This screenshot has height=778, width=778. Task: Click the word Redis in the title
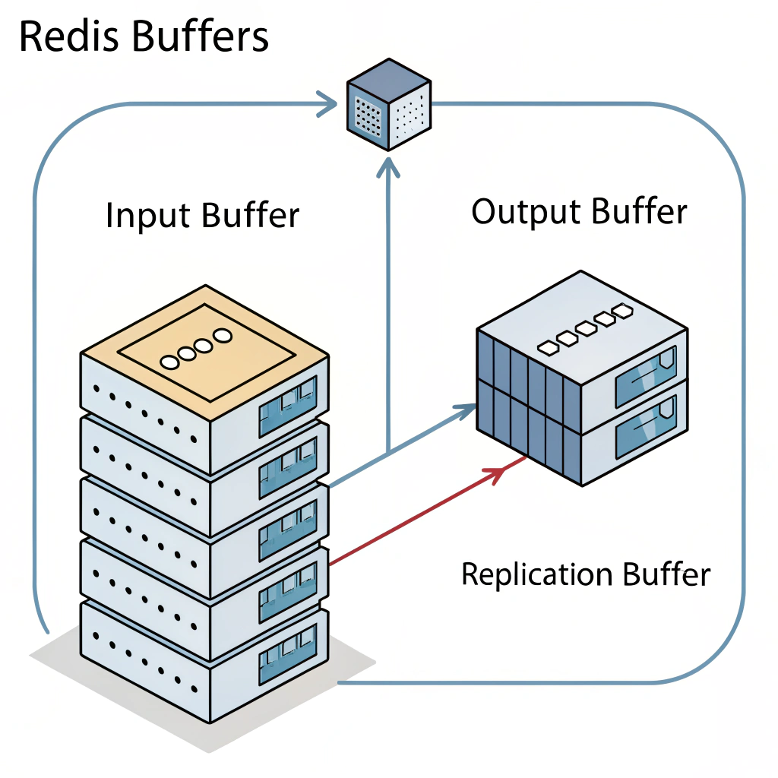(x=64, y=36)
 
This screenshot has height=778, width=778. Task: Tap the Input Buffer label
(x=203, y=215)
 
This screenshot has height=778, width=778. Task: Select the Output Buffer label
(x=579, y=211)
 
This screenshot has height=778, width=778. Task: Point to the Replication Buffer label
(x=585, y=574)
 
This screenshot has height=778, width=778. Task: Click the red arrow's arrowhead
(x=495, y=474)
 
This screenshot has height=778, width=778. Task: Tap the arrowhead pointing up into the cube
(x=388, y=163)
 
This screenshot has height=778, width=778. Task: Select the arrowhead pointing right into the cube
(x=330, y=103)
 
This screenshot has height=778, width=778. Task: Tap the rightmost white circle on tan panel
(x=222, y=335)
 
